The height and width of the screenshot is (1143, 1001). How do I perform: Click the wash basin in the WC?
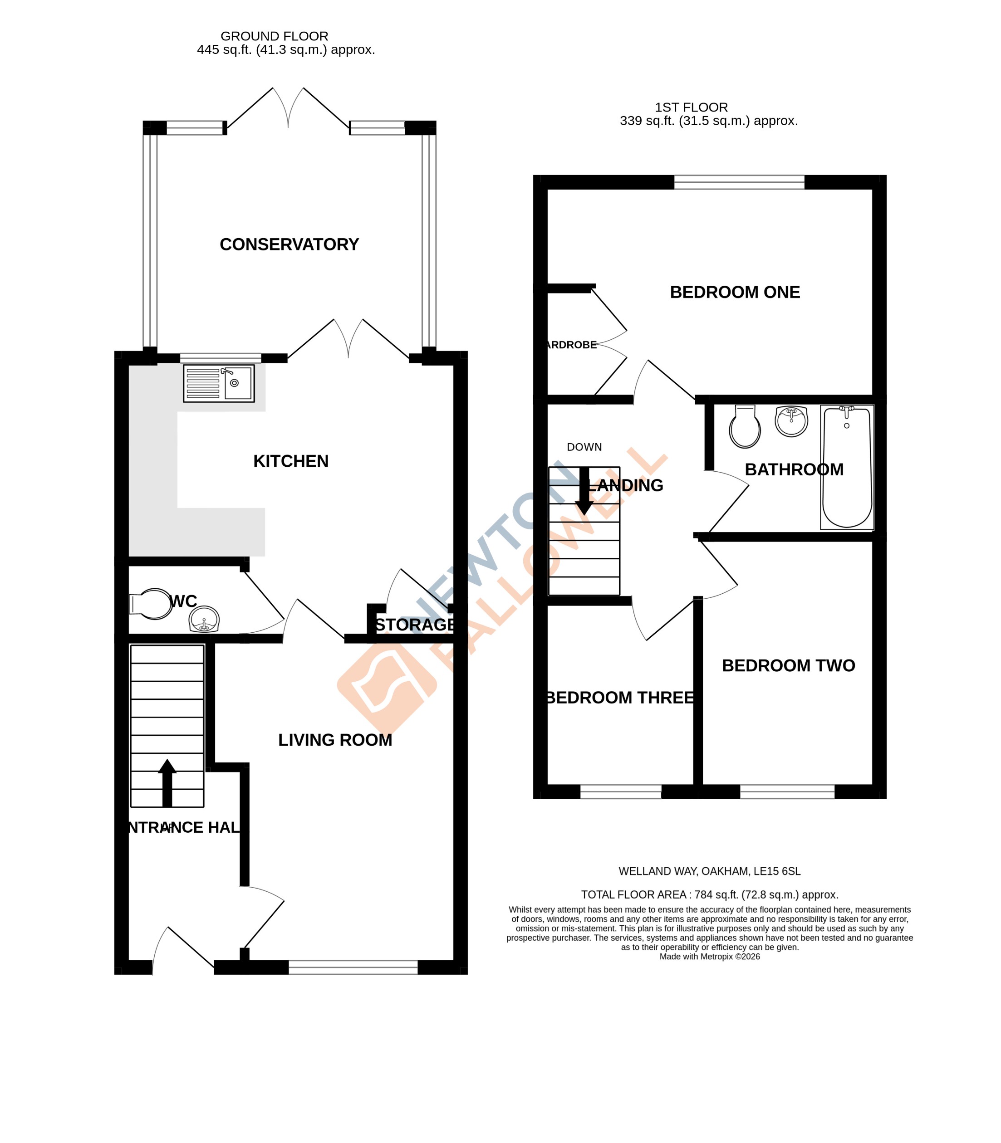205,620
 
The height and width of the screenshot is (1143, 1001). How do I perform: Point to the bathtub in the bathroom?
847,467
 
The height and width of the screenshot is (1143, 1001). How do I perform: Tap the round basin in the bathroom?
791,421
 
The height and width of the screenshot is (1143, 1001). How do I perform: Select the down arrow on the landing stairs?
584,491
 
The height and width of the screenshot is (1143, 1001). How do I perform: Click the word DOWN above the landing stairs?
584,447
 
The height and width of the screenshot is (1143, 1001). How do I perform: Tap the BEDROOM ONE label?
735,292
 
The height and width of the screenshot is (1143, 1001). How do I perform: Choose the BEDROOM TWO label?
788,665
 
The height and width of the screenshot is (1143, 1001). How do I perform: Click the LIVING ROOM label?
335,740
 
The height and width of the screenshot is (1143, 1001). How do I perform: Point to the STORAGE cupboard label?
414,625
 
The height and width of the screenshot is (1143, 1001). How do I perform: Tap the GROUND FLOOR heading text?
274,36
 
